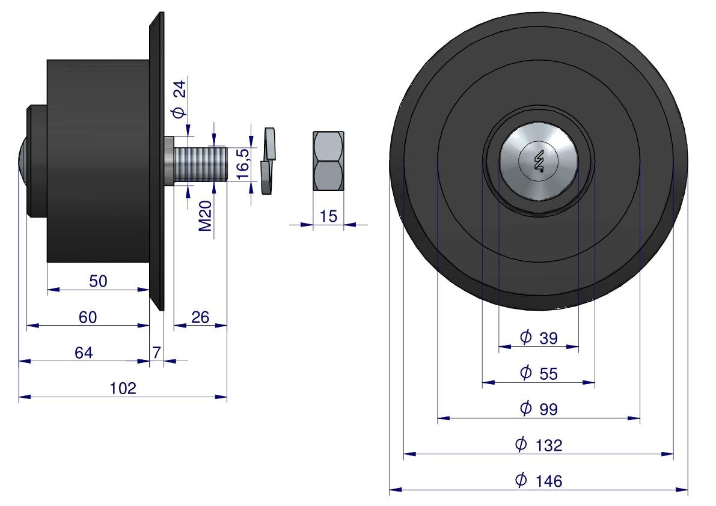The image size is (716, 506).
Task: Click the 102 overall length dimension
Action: coord(123,388)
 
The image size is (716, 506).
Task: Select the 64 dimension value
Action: coord(84,353)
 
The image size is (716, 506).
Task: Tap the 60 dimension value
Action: coord(88,317)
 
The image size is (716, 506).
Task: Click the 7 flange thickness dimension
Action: coord(156,353)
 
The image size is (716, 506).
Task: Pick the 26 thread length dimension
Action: coord(200,317)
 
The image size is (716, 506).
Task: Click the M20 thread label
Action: coord(206,216)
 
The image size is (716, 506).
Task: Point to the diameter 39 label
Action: coord(539,338)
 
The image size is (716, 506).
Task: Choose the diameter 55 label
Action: coord(539,374)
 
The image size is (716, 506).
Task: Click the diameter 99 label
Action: coord(539,409)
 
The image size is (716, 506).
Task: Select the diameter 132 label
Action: coord(539,445)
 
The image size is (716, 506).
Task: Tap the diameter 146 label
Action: coord(539,481)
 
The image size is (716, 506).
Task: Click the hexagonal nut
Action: coord(328,160)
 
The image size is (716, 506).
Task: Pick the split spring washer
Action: coord(268,160)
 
